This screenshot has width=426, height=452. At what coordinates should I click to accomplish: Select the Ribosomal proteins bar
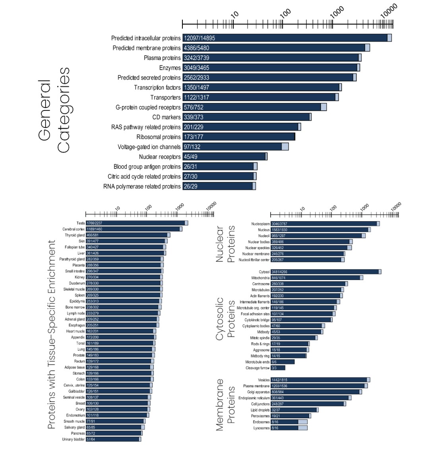pyautogui.click(x=239, y=137)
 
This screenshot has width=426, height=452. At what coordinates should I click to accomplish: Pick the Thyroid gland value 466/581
pyautogui.click(x=93, y=235)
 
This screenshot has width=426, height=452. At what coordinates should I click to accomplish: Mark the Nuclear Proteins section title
pyautogui.click(x=225, y=244)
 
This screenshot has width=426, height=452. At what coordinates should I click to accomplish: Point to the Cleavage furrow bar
pyautogui.click(x=278, y=368)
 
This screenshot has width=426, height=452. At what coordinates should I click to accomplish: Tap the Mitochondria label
pyautogui.click(x=258, y=278)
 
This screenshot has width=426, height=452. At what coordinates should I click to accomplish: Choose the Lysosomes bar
pyautogui.click(x=289, y=428)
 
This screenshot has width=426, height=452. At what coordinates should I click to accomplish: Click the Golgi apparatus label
pyautogui.click(x=257, y=392)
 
